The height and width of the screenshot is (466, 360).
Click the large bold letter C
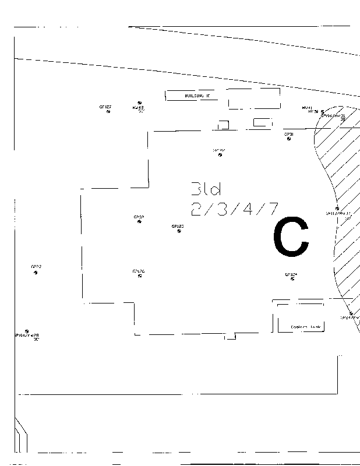[x=291, y=237]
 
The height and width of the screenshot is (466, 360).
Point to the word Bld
[x=207, y=189]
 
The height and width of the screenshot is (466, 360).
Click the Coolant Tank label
[x=306, y=327]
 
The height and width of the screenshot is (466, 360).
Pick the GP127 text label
[x=105, y=107]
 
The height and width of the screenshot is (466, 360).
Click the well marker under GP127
[x=108, y=112]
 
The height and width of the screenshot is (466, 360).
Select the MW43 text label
[x=138, y=108]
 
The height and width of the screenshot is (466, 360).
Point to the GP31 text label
[x=289, y=134]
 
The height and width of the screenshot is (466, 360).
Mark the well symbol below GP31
[x=289, y=139]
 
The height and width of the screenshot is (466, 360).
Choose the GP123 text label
[x=178, y=226]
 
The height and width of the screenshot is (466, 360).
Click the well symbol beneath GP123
[x=178, y=231]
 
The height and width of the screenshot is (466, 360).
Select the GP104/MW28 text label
[x=26, y=336]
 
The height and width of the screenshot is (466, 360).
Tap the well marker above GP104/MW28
[x=27, y=331]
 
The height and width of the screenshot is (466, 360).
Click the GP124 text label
[x=291, y=274]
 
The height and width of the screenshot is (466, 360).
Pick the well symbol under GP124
[x=292, y=278]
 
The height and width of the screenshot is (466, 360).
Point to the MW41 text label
[x=307, y=107]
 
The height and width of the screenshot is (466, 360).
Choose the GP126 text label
[x=139, y=271]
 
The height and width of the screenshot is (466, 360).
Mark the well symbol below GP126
[x=140, y=276]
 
